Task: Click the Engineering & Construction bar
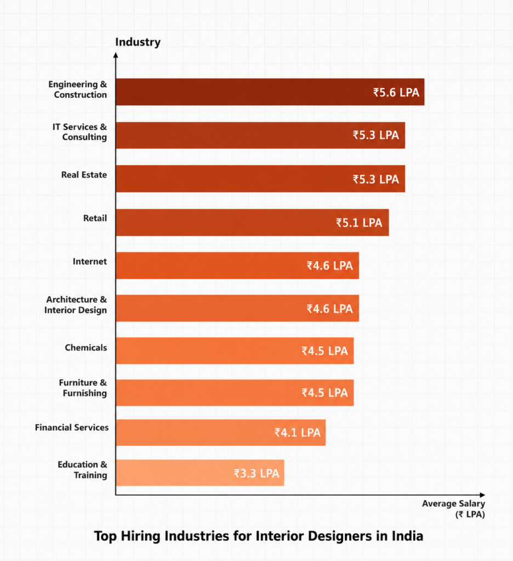click(270, 92)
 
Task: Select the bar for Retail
click(252, 222)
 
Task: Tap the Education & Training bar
click(200, 473)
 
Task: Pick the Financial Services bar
click(221, 433)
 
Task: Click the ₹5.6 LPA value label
click(396, 92)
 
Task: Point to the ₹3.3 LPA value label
click(256, 473)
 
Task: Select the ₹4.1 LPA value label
click(298, 433)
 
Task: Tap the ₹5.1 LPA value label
click(359, 222)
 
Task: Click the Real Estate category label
click(84, 175)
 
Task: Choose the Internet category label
click(90, 261)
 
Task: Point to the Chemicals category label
click(86, 347)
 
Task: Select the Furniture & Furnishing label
click(83, 388)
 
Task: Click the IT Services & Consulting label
click(80, 132)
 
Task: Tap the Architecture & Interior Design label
click(76, 305)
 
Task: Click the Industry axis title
click(138, 42)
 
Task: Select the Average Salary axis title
click(454, 509)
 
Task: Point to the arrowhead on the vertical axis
click(116, 55)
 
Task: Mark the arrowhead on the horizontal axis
click(482, 495)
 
